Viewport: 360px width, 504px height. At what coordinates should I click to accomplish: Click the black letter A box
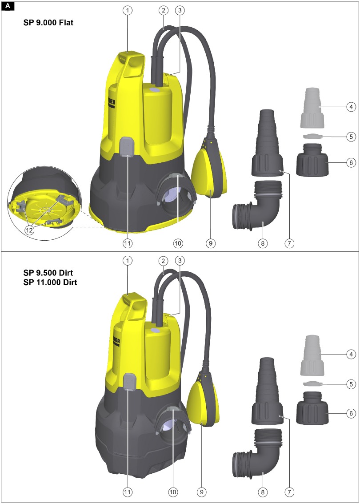(8, 6)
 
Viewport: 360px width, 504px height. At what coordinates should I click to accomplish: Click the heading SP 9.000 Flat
(48, 23)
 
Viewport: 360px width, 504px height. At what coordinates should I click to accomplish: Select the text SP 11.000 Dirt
(50, 282)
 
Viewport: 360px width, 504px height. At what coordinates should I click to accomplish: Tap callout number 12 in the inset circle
(29, 230)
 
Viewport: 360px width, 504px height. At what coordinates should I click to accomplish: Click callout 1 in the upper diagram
(128, 10)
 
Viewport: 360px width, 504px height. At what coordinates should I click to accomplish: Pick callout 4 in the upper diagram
(351, 107)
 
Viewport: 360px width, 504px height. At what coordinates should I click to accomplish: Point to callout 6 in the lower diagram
(351, 413)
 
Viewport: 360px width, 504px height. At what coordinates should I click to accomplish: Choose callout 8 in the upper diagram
(263, 243)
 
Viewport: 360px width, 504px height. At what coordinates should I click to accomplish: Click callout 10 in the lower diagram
(173, 492)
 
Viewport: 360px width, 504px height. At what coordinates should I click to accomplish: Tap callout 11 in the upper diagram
(128, 243)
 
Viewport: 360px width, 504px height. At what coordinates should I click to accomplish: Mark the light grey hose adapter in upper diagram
(312, 107)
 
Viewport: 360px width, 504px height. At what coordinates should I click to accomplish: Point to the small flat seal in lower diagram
(312, 383)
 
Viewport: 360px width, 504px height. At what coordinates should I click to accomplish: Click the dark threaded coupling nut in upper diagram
(312, 160)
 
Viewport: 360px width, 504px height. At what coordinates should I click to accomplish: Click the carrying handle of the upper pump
(130, 65)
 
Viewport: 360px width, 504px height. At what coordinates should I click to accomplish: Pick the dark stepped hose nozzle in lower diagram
(267, 391)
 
